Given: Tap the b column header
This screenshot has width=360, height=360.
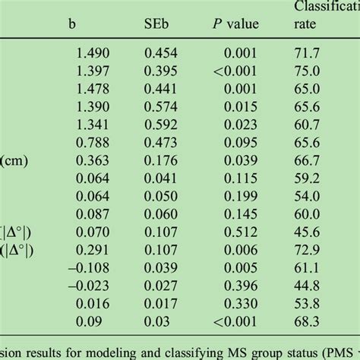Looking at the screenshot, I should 72,24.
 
